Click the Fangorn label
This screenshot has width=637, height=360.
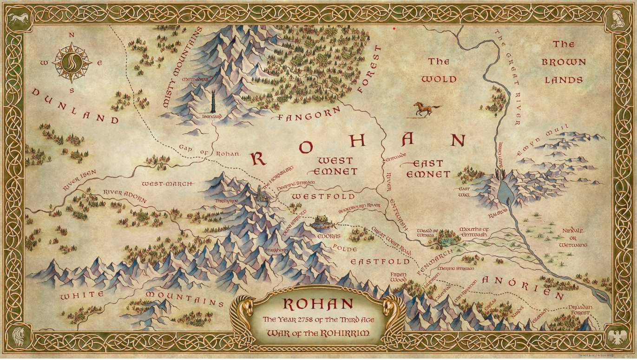coord(309,115)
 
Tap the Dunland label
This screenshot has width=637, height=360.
coord(74,105)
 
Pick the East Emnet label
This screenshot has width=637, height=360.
coord(427,169)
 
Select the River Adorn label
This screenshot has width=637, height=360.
coord(125,196)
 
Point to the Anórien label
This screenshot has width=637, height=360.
coord(523,286)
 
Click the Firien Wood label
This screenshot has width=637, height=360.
coord(398,277)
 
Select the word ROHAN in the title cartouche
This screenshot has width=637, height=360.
coord(318,304)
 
